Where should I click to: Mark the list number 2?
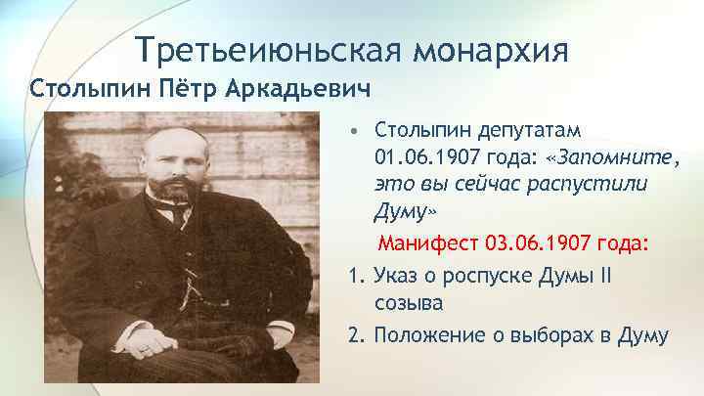click(x=352, y=335)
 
